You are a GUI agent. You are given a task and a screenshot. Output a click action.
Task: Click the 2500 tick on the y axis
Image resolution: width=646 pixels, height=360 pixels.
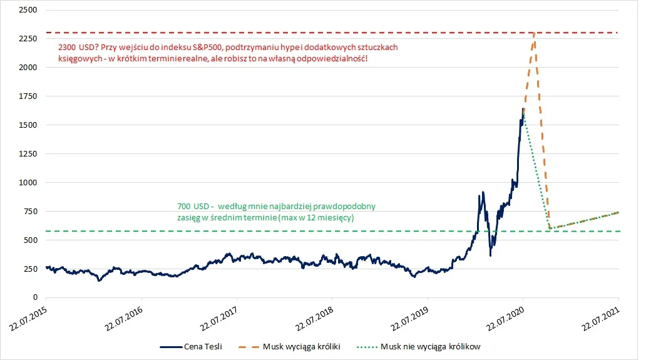pyautogui.click(x=28, y=10)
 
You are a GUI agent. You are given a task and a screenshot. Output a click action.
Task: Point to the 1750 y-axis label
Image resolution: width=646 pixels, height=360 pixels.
pyautogui.click(x=28, y=96)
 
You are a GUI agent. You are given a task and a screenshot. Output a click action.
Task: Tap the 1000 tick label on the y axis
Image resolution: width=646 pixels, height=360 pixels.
pyautogui.click(x=28, y=182)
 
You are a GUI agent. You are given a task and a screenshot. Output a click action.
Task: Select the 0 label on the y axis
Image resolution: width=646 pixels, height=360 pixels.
pyautogui.click(x=35, y=297)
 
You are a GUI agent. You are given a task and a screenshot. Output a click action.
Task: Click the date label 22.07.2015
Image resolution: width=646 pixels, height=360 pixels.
pyautogui.click(x=28, y=319)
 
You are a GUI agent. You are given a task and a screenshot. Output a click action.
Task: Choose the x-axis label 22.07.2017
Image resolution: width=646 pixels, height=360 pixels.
pyautogui.click(x=219, y=319)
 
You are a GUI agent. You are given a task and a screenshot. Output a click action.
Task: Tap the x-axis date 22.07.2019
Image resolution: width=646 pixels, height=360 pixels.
pyautogui.click(x=410, y=319)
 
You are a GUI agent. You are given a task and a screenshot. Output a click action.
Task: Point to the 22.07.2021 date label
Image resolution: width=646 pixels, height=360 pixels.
pyautogui.click(x=601, y=319)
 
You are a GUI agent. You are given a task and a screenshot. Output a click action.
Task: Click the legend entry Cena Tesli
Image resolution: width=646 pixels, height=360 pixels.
pyautogui.click(x=191, y=347)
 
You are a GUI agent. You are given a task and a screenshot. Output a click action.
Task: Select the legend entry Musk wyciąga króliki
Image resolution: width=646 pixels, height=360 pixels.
pyautogui.click(x=290, y=347)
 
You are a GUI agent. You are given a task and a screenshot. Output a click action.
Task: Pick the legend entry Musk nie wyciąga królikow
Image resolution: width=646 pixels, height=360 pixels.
pyautogui.click(x=419, y=347)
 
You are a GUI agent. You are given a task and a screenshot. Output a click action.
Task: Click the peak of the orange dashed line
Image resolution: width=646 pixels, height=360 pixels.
pyautogui.click(x=534, y=33)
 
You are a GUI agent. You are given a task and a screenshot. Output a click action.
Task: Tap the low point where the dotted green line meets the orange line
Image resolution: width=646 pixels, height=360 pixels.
pyautogui.click(x=550, y=228)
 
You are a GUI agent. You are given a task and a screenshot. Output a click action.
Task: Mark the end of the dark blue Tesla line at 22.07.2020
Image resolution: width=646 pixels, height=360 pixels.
pyautogui.click(x=523, y=109)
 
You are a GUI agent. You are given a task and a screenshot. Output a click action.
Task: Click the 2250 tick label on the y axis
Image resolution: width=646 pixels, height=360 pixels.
pyautogui.click(x=28, y=39)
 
